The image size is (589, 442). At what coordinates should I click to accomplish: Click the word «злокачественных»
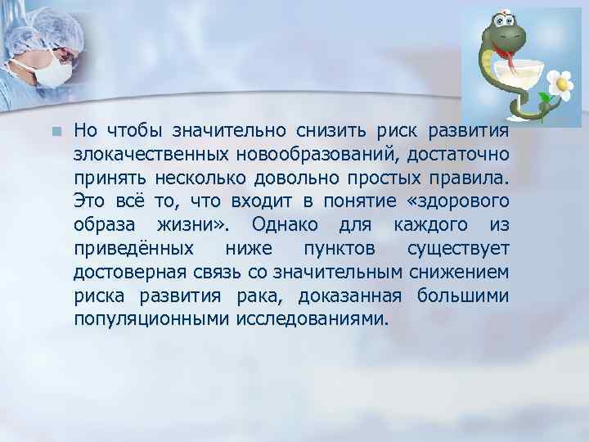coord(136,153)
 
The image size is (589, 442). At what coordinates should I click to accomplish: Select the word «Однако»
coord(283,224)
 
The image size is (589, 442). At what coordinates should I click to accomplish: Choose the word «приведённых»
coord(135,248)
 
